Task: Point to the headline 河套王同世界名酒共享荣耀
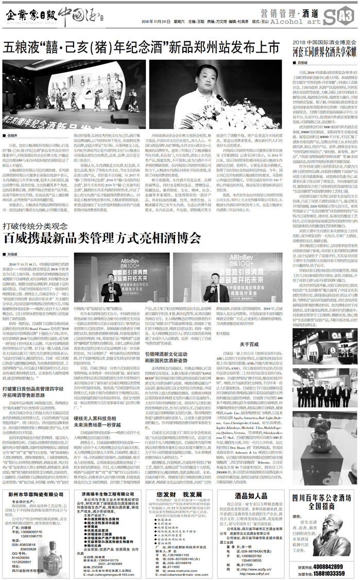click(x=324, y=51)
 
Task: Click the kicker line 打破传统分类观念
click(x=39, y=226)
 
